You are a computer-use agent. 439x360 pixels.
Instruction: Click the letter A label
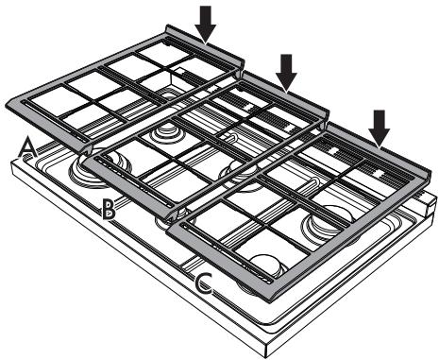coord(28,146)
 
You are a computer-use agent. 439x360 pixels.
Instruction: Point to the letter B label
coord(110,208)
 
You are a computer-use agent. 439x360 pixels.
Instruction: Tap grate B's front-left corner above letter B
coord(83,162)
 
